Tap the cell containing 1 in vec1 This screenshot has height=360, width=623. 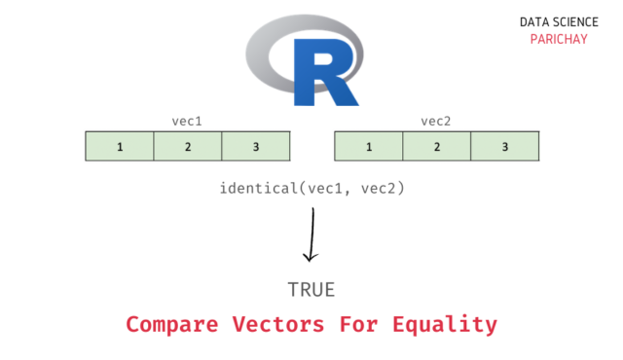[120, 147]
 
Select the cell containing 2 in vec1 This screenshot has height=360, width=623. [188, 147]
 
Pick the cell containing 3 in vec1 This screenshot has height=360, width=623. [256, 147]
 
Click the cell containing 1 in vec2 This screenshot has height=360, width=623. [369, 147]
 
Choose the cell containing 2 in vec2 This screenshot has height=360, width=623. [437, 147]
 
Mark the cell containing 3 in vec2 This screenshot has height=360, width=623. [505, 147]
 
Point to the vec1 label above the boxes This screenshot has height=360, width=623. [187, 122]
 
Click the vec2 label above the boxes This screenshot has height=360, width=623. [436, 122]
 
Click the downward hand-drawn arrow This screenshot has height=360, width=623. [311, 234]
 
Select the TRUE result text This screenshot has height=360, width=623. [311, 290]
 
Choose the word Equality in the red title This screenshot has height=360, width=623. [452, 324]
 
